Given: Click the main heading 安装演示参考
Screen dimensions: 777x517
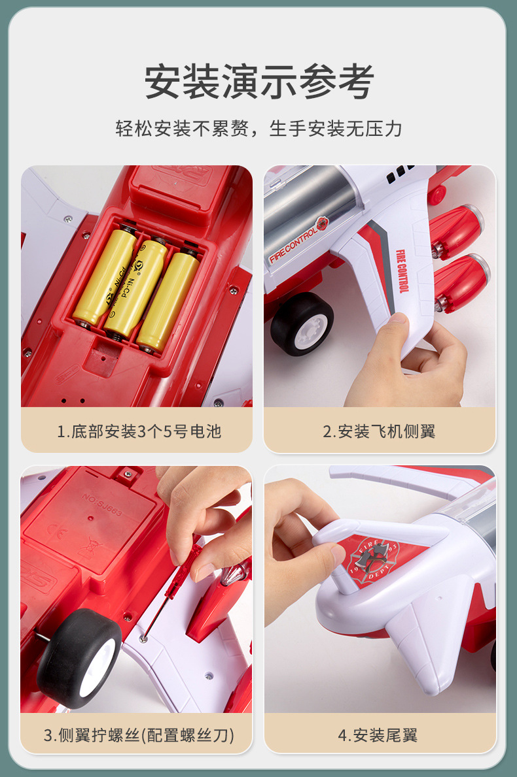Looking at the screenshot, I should coord(258,81).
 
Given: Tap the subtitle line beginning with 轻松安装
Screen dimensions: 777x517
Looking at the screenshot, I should coord(258,128).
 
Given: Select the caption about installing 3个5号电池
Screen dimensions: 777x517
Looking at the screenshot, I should coord(139,431).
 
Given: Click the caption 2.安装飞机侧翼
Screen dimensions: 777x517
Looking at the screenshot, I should coord(380,431).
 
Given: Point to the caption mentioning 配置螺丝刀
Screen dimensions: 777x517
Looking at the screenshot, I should coord(139,735).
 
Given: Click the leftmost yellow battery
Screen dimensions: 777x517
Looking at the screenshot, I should coord(105,275).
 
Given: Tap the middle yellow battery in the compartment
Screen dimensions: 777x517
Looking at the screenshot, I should coord(136,288).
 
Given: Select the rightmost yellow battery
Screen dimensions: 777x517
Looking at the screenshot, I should coord(168,301).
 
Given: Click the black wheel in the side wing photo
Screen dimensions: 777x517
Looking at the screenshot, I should coord(302,324).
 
